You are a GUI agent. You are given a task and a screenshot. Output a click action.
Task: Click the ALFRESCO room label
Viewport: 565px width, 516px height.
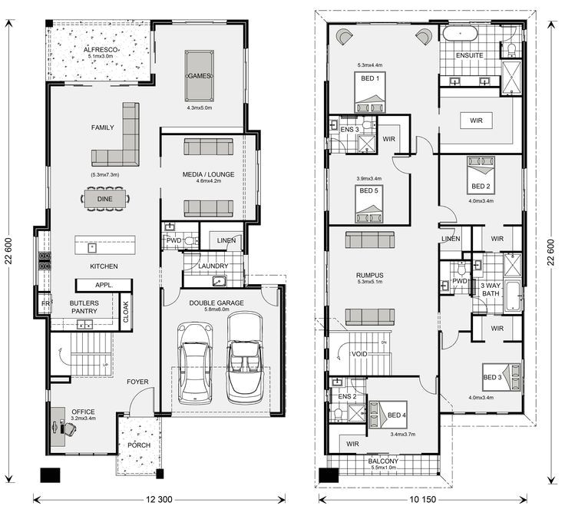click(x=101, y=50)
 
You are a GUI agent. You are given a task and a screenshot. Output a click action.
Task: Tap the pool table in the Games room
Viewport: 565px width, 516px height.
click(x=200, y=76)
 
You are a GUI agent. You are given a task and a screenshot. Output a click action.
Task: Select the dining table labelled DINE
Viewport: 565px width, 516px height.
click(x=105, y=199)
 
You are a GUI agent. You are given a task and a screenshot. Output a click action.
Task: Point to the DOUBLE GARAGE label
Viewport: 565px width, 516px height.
click(x=216, y=303)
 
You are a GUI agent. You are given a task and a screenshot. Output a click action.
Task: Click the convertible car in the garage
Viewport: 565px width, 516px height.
click(x=245, y=358)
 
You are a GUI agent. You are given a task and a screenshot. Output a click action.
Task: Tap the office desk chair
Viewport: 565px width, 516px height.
click(x=68, y=428)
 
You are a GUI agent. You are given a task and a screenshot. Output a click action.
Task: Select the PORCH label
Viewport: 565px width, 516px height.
click(x=139, y=445)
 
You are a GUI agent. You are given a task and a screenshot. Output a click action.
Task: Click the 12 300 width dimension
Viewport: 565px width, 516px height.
click(x=159, y=499)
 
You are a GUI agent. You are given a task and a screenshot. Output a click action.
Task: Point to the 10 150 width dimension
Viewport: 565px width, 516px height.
click(x=423, y=499)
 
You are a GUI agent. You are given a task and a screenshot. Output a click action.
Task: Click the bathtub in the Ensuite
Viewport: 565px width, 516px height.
click(x=460, y=34)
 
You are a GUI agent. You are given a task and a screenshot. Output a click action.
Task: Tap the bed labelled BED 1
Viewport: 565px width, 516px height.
click(x=370, y=92)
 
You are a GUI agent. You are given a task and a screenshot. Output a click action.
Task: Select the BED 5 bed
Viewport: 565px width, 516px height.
click(x=369, y=204)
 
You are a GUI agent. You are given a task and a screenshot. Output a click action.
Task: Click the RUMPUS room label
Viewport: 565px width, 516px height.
click(x=370, y=276)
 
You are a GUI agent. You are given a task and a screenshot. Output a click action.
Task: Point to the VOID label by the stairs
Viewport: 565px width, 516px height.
click(x=359, y=354)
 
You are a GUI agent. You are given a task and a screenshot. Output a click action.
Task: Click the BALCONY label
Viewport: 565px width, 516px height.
click(x=383, y=461)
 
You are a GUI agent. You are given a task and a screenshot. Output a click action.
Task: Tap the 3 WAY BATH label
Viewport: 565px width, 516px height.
click(x=491, y=289)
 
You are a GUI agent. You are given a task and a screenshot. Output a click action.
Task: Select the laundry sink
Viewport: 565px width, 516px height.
click(x=219, y=281)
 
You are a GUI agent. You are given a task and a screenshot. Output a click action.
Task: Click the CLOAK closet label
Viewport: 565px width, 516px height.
click(x=126, y=312)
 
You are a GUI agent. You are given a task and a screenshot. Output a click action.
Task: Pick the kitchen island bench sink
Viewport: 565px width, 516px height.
click(x=92, y=248)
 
